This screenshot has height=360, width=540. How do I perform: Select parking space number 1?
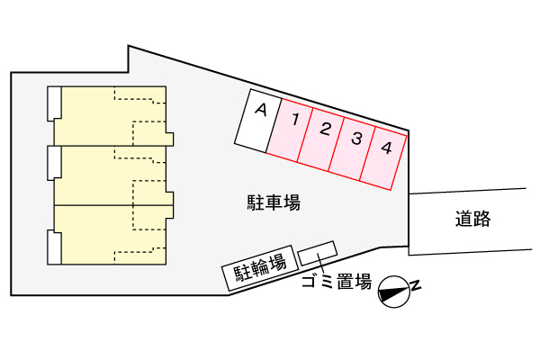290,130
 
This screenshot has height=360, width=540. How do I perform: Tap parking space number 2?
321,139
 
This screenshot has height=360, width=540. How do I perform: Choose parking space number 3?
352,148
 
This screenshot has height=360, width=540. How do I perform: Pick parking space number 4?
383,158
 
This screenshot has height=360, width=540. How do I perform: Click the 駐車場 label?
274,202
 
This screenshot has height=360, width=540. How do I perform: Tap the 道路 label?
472,219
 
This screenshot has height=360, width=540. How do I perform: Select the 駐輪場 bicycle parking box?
260,268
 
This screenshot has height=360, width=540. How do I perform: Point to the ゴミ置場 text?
337,282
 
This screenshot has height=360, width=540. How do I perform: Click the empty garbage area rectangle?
317,253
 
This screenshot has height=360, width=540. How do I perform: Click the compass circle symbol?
394,292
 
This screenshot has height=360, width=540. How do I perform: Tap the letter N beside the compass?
416,285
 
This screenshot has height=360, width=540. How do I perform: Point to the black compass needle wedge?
392,292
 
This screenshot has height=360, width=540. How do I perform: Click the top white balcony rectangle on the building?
54,103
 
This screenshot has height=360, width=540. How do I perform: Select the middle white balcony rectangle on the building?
54,163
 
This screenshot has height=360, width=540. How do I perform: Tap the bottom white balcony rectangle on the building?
54,247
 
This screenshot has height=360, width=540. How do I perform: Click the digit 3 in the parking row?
356,139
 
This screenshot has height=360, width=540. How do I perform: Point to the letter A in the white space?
261,110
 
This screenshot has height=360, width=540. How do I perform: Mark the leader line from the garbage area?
321,265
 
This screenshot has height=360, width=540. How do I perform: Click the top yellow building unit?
110,116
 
